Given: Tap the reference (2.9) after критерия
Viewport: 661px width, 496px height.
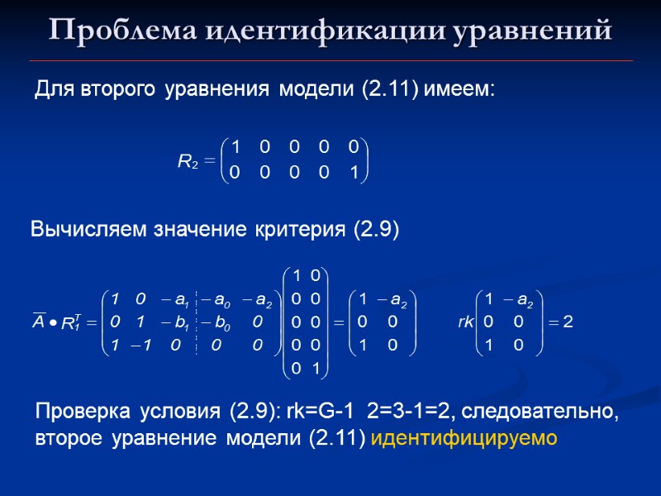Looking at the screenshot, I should pyautogui.click(x=375, y=231).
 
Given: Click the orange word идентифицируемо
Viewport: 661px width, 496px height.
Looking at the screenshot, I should pyautogui.click(x=465, y=437).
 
